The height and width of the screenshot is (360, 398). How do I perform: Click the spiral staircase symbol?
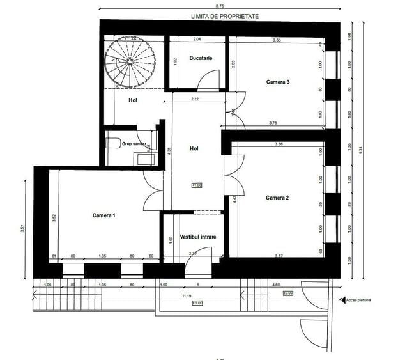tap(131, 61)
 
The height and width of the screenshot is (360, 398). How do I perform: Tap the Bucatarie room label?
tap(201, 59)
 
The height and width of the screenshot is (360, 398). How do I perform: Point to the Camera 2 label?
tap(277, 198)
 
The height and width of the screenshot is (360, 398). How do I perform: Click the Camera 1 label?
tap(103, 215)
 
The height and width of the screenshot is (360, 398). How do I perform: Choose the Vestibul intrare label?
tap(197, 237)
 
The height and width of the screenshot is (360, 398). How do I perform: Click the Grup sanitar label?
tap(134, 145)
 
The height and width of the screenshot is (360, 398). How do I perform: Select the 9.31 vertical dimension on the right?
tap(361, 151)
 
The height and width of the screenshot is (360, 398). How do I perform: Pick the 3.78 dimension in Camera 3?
tap(273, 123)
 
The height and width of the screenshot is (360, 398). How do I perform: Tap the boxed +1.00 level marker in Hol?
tap(196, 185)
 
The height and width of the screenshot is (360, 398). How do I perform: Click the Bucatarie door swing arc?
tap(206, 81)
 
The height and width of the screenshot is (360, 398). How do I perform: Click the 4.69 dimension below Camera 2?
tap(293, 285)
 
